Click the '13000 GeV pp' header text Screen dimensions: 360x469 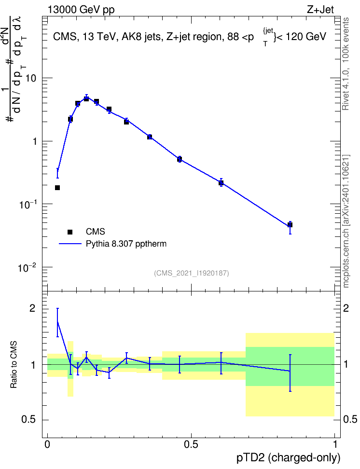click(81, 10)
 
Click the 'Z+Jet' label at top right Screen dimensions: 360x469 click(320, 10)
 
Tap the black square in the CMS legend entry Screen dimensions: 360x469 click(70, 232)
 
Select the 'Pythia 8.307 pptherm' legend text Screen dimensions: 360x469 click(126, 244)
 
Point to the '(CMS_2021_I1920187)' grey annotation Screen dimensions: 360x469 click(192, 273)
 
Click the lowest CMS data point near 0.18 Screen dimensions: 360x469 click(57, 188)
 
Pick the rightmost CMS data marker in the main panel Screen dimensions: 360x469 click(290, 225)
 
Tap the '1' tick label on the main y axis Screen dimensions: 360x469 click(34, 141)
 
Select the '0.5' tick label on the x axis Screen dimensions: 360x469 click(191, 444)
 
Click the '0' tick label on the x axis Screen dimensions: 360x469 click(47, 444)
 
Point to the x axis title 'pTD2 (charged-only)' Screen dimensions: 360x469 click(289, 458)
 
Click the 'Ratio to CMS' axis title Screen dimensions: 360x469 click(14, 365)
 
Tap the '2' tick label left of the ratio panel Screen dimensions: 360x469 click(33, 308)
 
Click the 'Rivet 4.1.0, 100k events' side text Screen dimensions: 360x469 click(346, 64)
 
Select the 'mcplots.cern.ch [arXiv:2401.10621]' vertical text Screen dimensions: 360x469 click(346, 221)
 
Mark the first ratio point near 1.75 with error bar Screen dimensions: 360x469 click(57, 322)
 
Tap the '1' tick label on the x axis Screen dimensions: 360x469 click(335, 444)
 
